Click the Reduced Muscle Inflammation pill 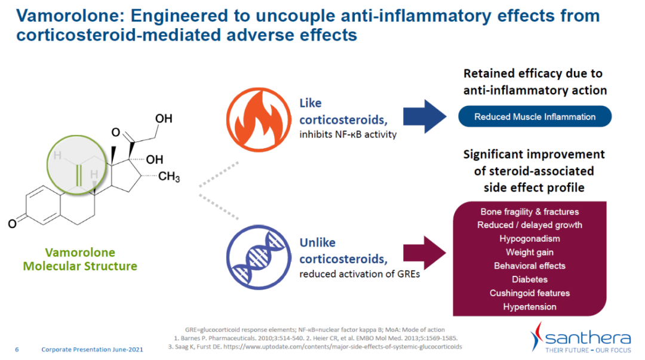coord(535,116)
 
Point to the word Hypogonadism coord(530,239)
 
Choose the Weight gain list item coord(530,253)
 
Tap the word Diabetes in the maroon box coord(530,279)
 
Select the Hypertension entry coord(530,307)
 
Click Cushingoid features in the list coord(530,293)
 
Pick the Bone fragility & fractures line coord(530,212)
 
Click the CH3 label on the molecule coord(169,177)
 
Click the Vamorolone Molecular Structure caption coord(80,259)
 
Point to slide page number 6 coord(17,349)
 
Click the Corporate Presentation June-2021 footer coord(92,349)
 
